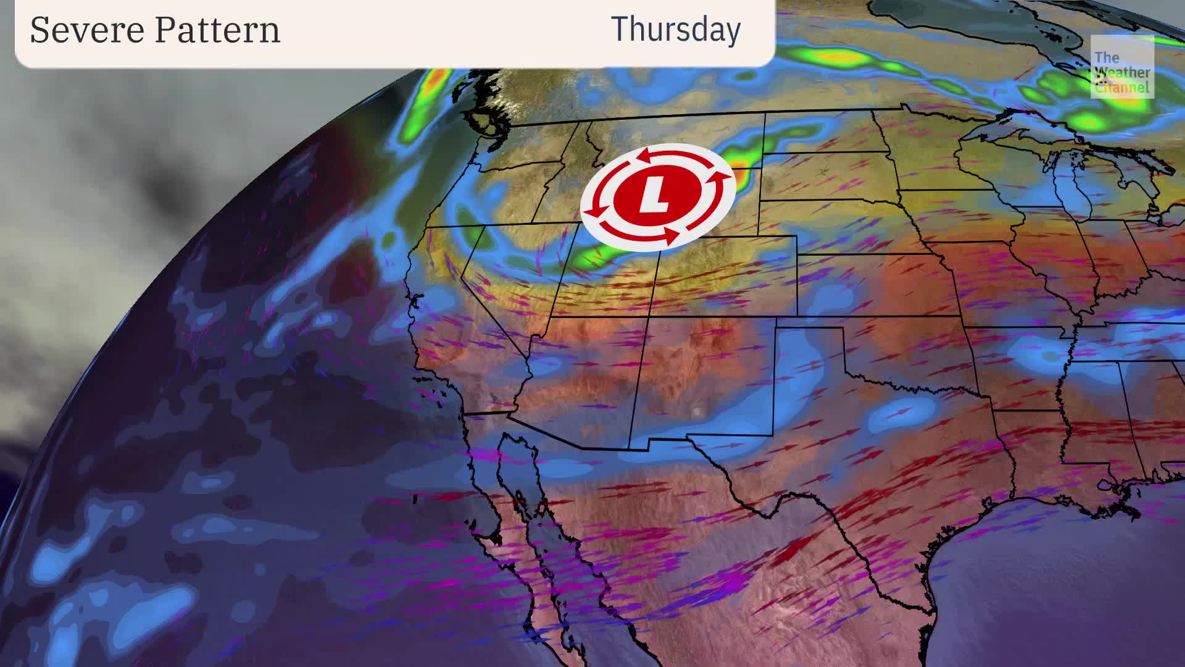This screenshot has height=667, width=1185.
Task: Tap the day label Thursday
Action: tap(675, 30)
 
